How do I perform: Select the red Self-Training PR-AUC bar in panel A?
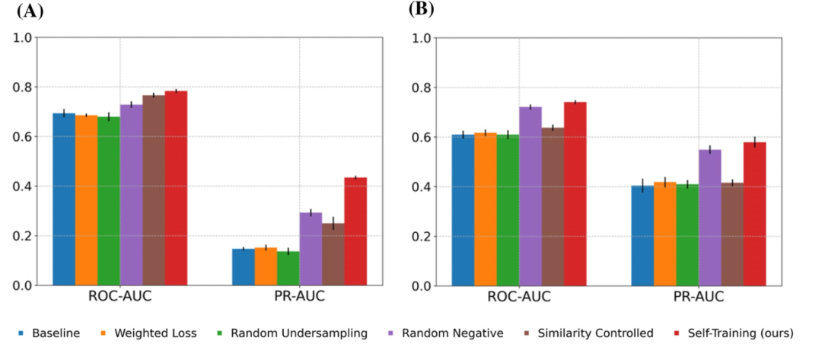355,231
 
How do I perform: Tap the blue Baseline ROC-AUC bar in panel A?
63,199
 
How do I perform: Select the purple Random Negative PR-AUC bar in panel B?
709,218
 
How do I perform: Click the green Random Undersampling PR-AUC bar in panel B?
687,235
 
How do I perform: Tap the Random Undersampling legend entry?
294,333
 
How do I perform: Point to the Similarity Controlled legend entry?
589,333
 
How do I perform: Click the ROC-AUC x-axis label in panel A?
119,296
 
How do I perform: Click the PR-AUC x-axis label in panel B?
698,296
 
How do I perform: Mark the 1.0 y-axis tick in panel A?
24,37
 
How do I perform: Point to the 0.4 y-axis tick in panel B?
421,186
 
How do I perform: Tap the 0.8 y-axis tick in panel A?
24,87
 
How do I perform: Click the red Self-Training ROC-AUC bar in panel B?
575,194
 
